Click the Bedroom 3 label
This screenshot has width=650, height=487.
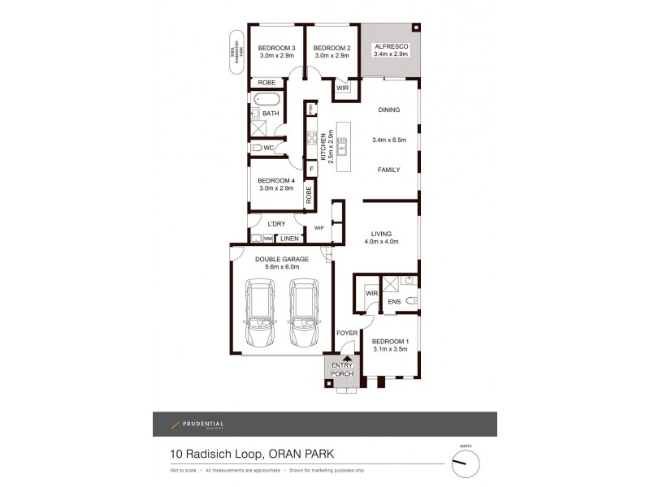click(x=275, y=48)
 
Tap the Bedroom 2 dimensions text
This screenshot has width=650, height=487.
click(x=331, y=57)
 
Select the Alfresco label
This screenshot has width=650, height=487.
click(x=391, y=48)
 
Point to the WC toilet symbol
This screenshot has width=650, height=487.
click(x=256, y=149)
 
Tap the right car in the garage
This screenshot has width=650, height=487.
click(x=304, y=312)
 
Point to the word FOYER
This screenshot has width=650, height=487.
click(x=347, y=334)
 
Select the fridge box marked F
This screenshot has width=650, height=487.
click(x=311, y=169)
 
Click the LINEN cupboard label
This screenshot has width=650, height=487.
click(x=288, y=239)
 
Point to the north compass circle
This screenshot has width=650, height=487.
click(x=466, y=463)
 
